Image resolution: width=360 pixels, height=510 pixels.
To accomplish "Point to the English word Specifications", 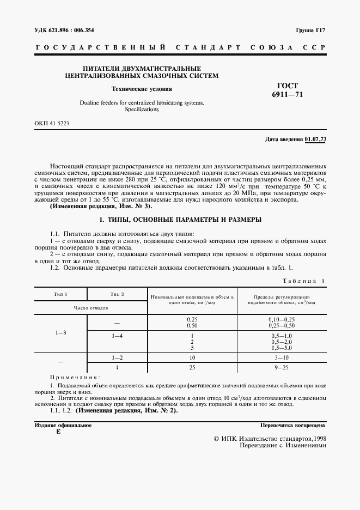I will pos(141,110).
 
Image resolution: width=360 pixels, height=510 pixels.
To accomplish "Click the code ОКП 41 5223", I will pos(51,124).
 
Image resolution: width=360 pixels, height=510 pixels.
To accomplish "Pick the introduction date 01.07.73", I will pos(315,139).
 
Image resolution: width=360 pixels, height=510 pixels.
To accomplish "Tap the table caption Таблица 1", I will pos(303,281).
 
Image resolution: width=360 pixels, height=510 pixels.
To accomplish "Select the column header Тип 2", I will pos(118,294).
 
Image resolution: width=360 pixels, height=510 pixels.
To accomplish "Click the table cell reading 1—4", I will pos(117,336).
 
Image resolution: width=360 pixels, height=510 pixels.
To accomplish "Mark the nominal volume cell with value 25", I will pos(192,367).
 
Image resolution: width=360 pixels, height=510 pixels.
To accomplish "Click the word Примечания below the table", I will pos(75,377).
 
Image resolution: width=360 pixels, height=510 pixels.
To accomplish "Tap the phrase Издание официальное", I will pos(63,425).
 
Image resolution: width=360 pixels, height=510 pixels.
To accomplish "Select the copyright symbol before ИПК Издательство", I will pos(217,438).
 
